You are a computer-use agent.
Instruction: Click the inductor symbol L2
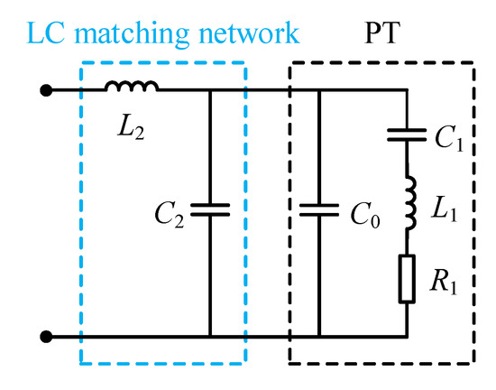[x=132, y=87]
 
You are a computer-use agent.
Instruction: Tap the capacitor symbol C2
[x=209, y=210]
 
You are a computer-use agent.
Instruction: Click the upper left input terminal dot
[x=43, y=90]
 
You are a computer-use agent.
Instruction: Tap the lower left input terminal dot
[x=43, y=336]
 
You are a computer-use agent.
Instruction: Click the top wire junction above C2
[x=209, y=90]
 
